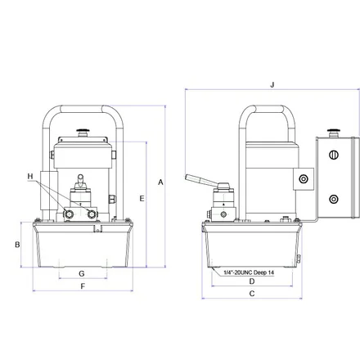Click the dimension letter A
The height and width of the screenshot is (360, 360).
click(160, 182)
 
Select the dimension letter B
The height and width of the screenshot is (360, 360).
click(17, 245)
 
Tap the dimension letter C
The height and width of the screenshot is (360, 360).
click(252, 294)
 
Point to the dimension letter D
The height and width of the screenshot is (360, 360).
click(252, 281)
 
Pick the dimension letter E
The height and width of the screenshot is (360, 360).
click(142, 199)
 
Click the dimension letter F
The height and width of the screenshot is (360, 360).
click(83, 286)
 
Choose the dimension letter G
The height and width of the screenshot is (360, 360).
click(82, 273)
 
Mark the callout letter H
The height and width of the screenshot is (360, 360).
click(30, 176)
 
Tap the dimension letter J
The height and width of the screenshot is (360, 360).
click(272, 84)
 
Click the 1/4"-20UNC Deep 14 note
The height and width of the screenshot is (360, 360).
click(249, 272)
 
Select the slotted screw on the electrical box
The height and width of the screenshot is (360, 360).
click(334, 155)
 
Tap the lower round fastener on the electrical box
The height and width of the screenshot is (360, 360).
click(333, 199)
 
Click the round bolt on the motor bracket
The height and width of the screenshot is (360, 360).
click(303, 179)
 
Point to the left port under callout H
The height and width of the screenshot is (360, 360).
click(69, 214)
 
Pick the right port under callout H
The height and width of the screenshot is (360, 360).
click(92, 214)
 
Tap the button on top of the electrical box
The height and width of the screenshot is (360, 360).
click(333, 133)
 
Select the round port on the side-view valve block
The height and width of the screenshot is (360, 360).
click(223, 214)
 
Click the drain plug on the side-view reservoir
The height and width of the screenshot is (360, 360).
click(298, 259)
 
